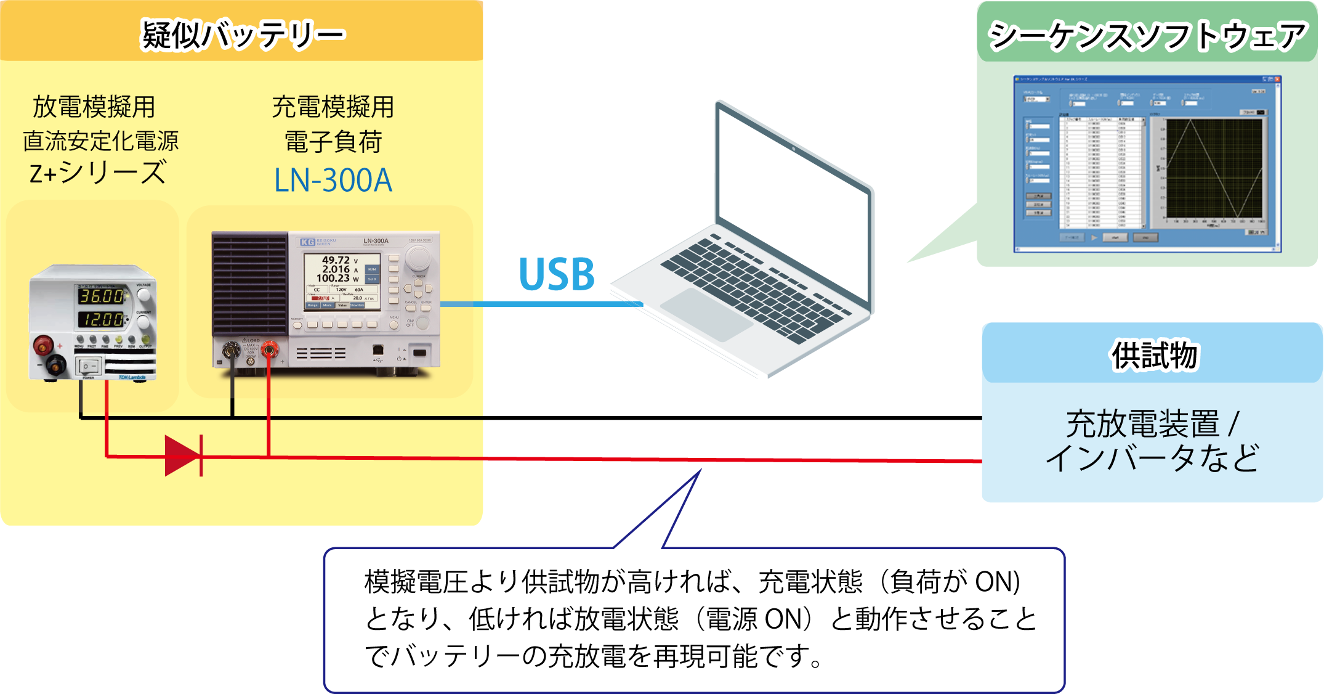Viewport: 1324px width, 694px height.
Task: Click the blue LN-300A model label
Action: coord(333,181)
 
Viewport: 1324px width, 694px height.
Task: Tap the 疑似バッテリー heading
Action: coord(243,35)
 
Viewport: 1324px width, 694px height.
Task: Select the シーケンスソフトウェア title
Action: coord(1147,35)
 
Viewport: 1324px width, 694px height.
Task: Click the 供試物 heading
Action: coord(1154,356)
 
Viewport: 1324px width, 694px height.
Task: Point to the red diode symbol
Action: coord(184,456)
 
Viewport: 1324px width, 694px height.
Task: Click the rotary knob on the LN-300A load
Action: coord(418,258)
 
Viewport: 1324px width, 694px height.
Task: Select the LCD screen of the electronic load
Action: coord(342,281)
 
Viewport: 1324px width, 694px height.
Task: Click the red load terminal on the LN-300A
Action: coord(268,351)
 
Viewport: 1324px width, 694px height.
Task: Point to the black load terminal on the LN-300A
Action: coord(232,351)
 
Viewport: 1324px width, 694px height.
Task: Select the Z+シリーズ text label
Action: coord(98,173)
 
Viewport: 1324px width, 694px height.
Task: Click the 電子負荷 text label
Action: coord(333,142)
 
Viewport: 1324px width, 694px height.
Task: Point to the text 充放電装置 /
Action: coord(1152,424)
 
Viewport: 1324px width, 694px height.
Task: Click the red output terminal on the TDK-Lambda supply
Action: coord(43,344)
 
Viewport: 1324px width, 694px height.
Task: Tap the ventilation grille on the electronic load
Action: coord(249,284)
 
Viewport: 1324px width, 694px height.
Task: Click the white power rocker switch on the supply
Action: coord(87,366)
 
